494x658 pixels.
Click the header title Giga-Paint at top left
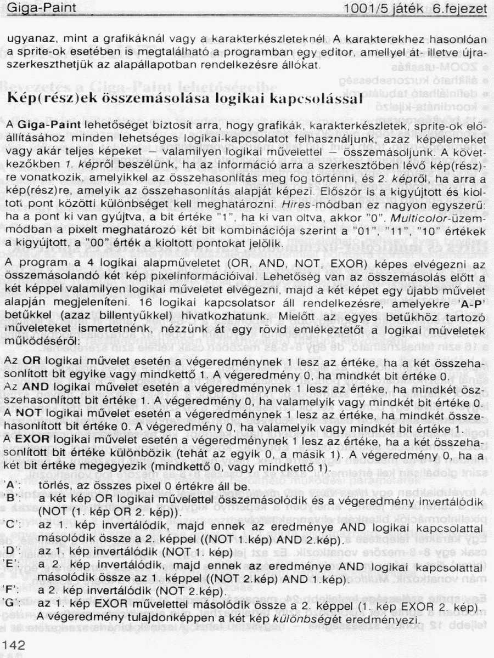tap(38, 9)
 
